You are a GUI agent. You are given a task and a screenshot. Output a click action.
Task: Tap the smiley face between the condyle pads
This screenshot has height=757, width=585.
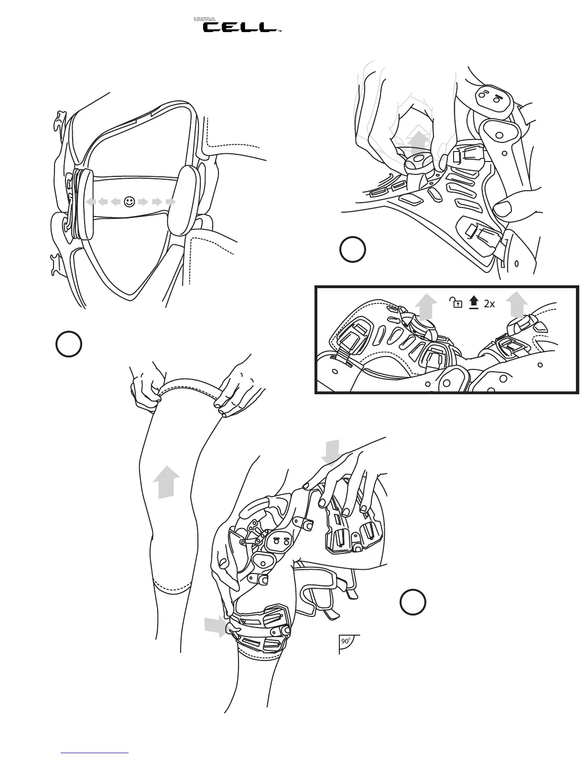129,202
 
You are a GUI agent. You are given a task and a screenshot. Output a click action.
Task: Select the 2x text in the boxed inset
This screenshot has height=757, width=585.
489,303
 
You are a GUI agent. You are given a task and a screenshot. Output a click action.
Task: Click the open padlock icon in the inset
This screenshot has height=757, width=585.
456,303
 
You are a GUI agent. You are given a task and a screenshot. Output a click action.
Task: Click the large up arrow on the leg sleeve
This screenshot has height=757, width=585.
166,482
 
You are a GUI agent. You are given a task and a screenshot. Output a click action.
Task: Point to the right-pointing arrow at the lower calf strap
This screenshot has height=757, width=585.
215,627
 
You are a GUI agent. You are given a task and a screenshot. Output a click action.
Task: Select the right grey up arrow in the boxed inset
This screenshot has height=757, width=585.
516,304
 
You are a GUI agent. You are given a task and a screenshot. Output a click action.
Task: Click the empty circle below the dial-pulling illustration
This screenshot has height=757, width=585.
353,249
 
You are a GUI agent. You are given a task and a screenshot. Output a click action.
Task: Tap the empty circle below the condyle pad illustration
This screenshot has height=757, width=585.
68,344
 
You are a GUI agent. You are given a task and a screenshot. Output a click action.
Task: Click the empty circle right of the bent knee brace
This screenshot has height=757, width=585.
413,602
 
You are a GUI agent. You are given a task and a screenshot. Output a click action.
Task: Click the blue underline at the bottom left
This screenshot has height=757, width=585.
95,752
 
